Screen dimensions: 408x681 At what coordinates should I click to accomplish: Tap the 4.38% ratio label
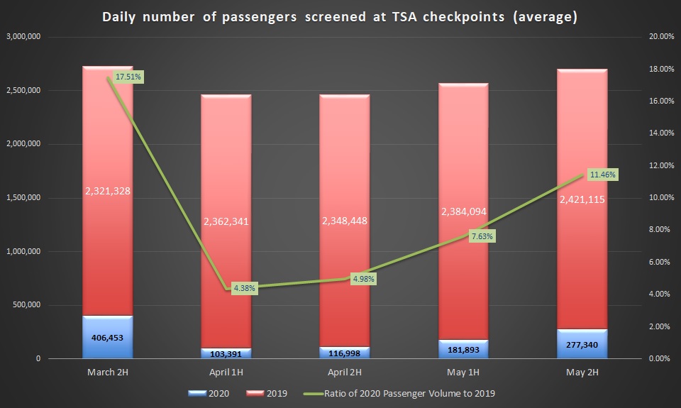[243, 288]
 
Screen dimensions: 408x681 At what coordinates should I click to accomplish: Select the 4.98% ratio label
[362, 279]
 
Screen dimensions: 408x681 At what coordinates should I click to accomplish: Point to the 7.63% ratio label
[480, 236]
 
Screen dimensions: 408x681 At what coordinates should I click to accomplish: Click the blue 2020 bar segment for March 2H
[108, 338]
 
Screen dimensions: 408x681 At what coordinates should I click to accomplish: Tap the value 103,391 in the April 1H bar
[226, 353]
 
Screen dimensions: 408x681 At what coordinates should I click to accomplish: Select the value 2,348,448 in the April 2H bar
[344, 221]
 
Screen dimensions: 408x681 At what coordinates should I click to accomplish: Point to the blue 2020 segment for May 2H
[582, 344]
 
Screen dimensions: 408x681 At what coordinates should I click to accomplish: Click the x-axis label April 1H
[226, 372]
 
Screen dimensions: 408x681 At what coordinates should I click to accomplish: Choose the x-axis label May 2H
[582, 372]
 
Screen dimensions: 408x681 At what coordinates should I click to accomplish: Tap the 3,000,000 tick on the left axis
[23, 36]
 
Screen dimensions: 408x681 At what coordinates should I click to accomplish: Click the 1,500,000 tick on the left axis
[23, 198]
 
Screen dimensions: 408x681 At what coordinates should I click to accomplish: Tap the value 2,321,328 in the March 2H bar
[108, 191]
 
